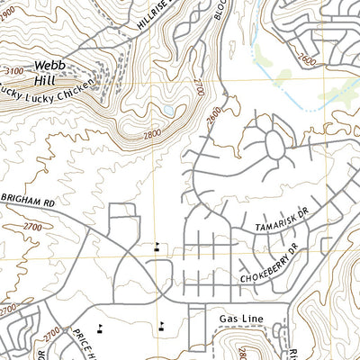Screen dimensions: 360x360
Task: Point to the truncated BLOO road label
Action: [221, 11]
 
